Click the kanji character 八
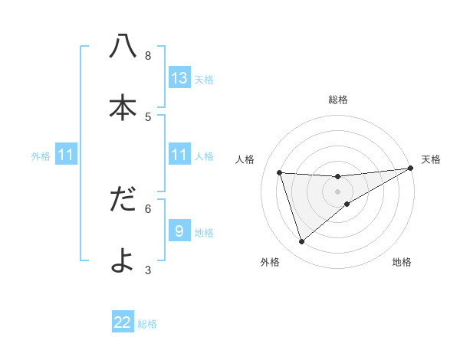[123, 47]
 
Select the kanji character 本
[123, 108]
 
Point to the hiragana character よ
[123, 260]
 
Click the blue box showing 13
[179, 78]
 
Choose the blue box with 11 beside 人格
[179, 155]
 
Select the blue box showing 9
[179, 231]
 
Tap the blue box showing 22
[123, 322]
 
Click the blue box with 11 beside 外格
[66, 155]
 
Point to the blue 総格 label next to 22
[147, 324]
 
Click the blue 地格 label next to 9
[204, 233]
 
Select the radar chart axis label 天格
[431, 159]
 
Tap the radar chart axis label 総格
[338, 100]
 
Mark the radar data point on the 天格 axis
[410, 169]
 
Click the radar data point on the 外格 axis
[301, 242]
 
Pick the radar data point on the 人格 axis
[280, 172]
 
